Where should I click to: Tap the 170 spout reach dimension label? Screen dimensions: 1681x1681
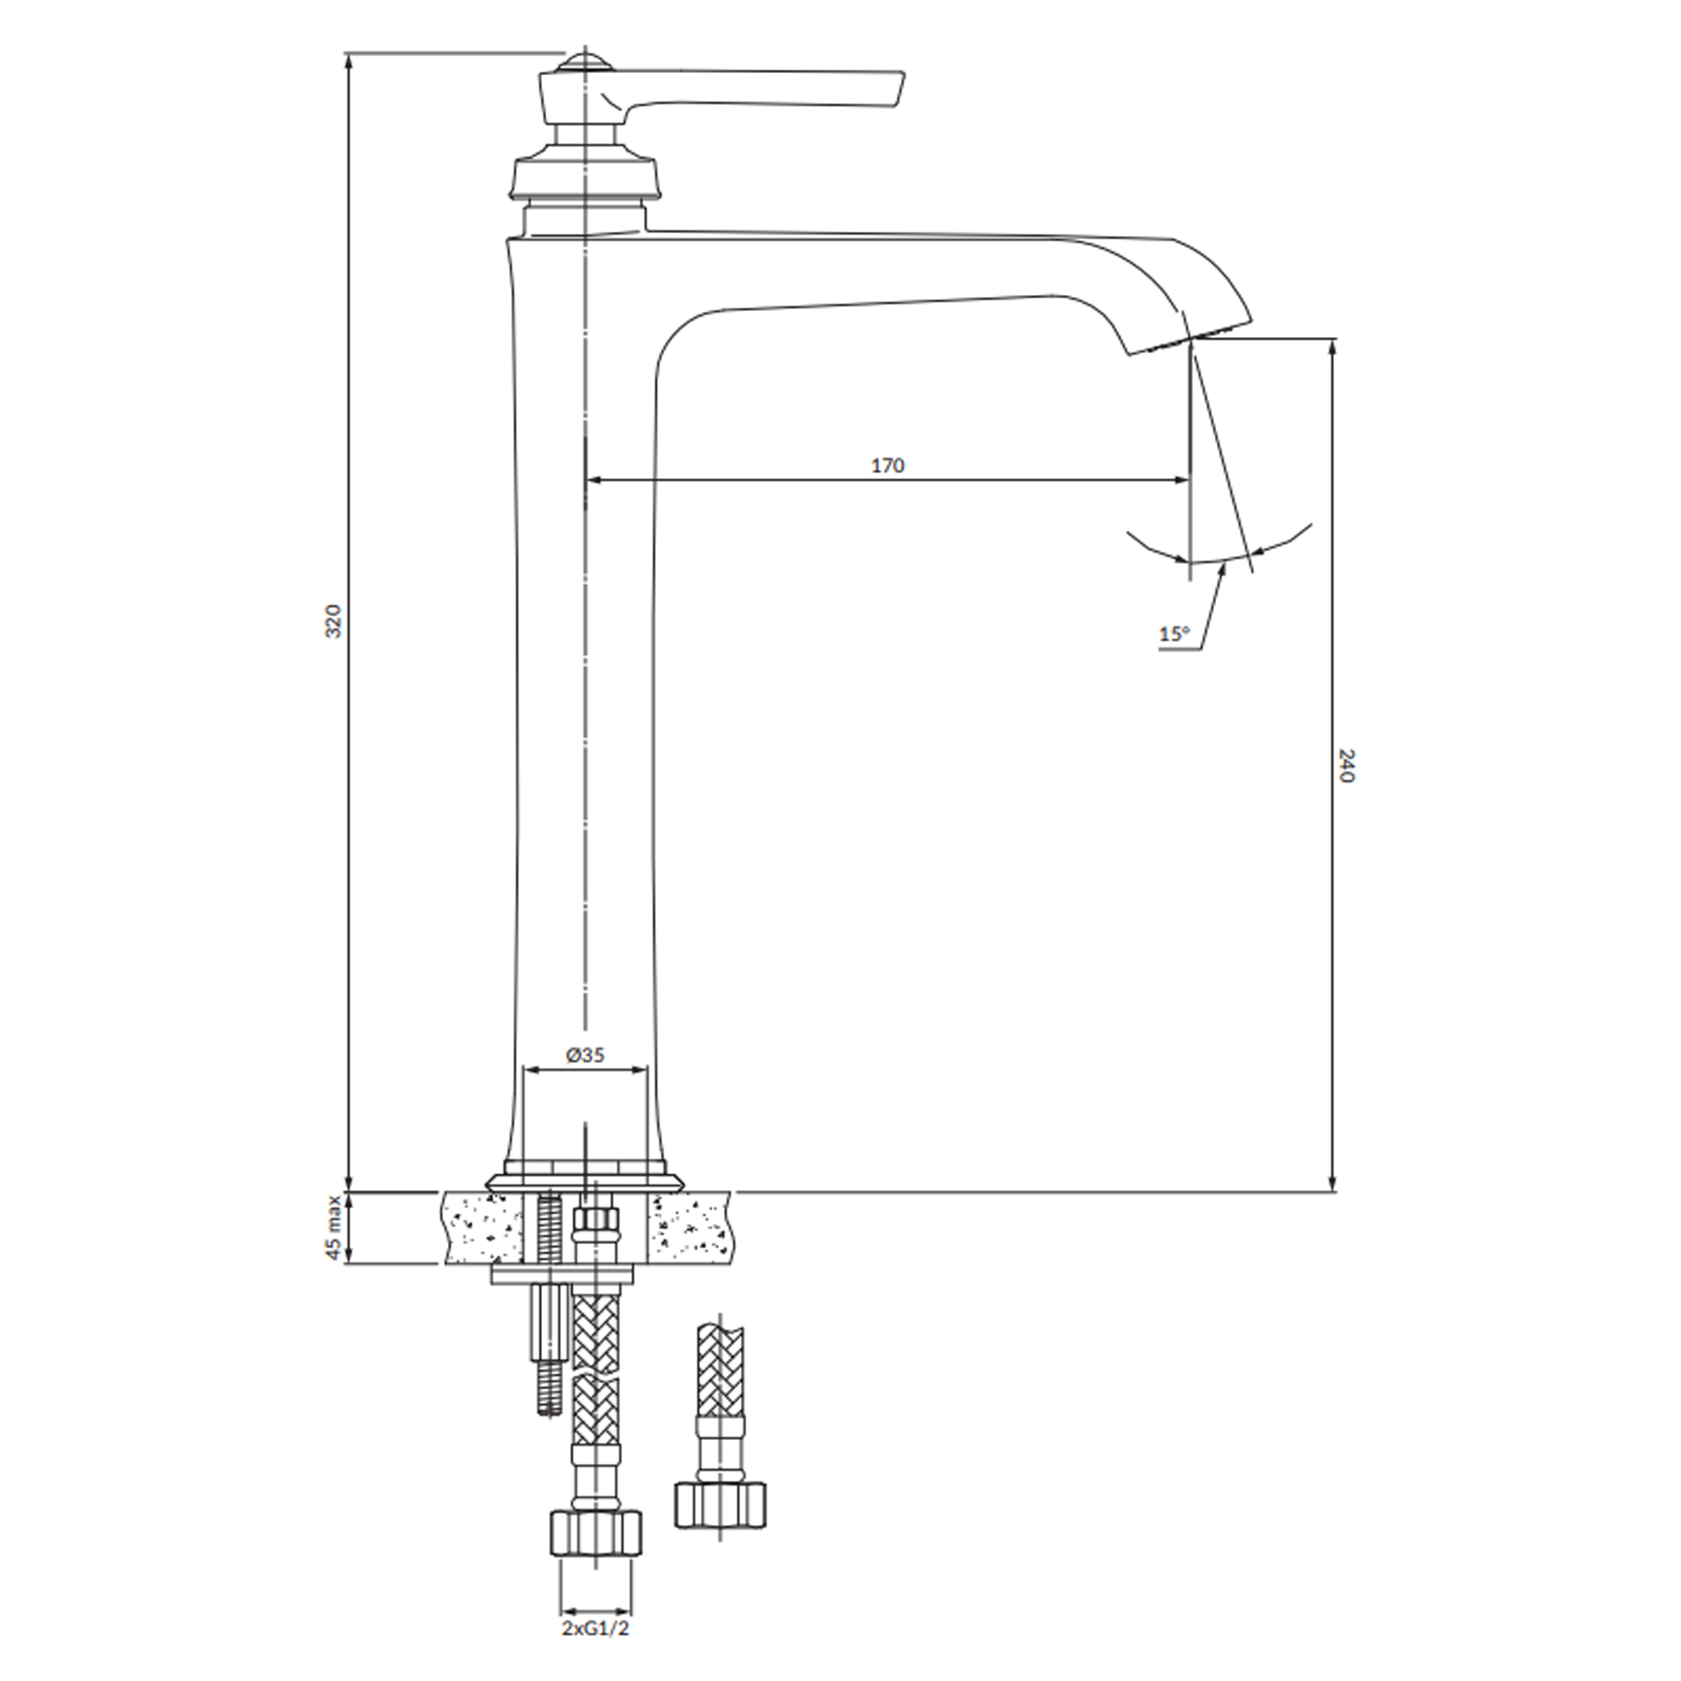[888, 466]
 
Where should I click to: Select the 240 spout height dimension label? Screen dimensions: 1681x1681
[1346, 765]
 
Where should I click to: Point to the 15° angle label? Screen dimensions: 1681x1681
[1173, 634]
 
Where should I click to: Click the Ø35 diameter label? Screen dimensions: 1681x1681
[585, 1055]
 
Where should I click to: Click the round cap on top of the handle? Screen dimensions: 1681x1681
[588, 63]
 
